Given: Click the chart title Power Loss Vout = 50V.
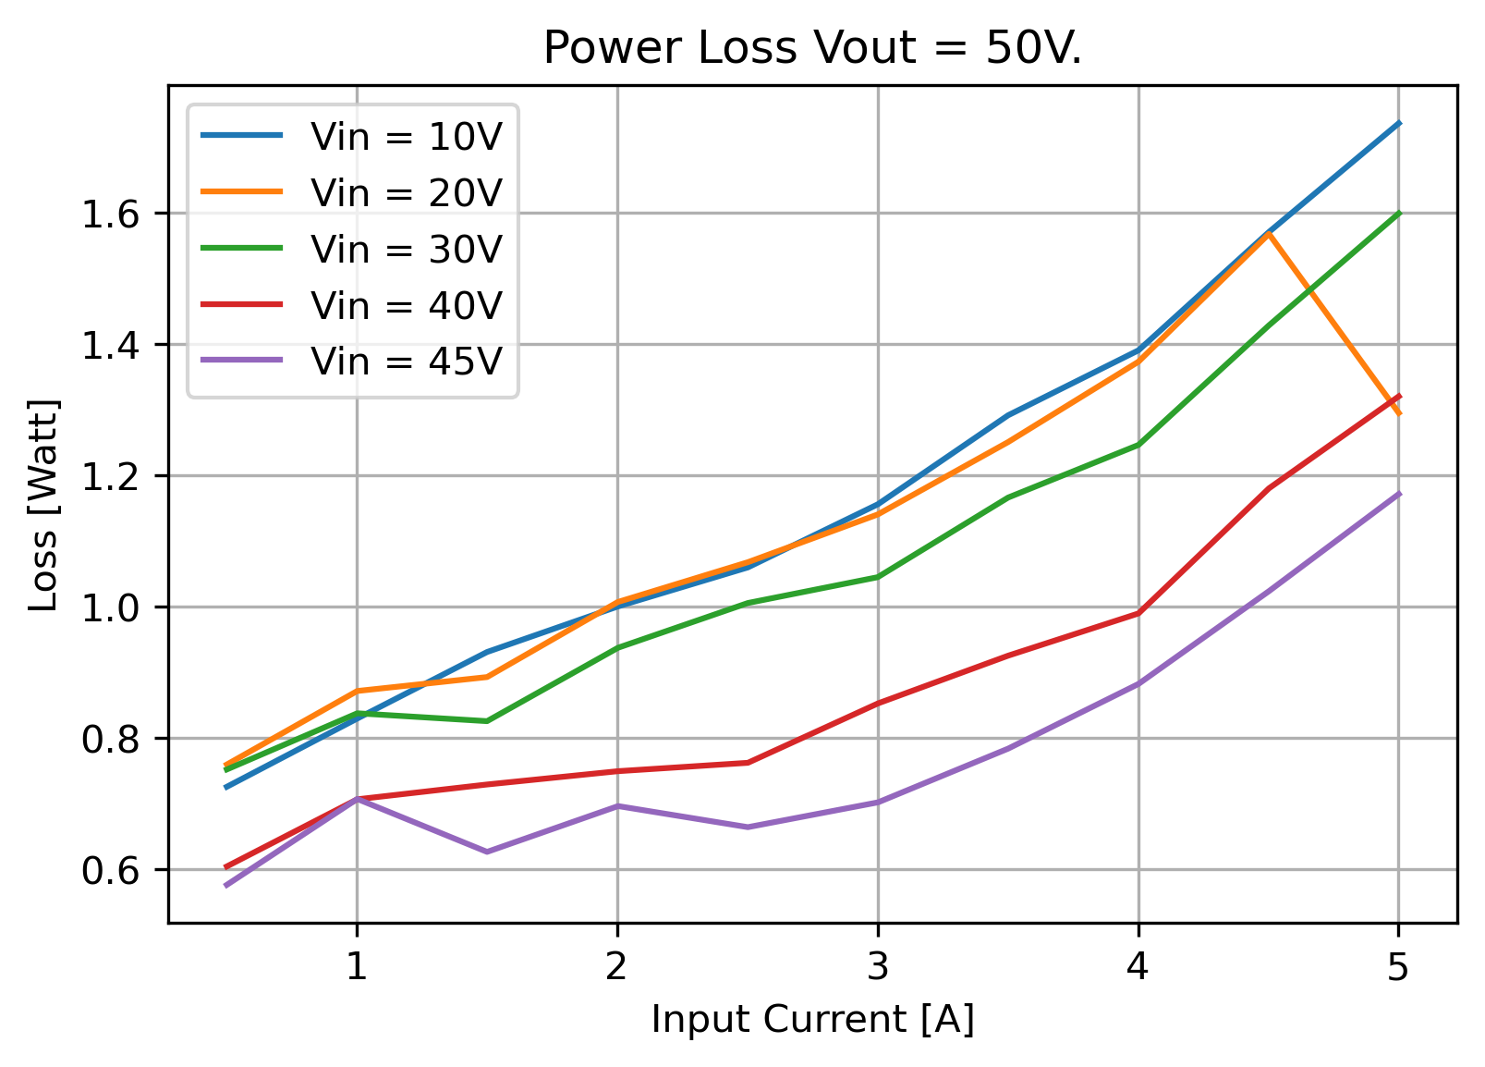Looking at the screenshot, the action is pos(812,48).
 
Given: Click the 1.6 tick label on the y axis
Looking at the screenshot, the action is pos(111,215).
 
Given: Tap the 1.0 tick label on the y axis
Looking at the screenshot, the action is pos(111,608).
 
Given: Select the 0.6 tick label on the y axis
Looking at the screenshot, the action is pos(111,871).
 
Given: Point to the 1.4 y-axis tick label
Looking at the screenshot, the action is pos(111,346).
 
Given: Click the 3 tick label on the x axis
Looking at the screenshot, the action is pos(878,966).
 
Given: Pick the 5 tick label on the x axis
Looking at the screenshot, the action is pos(1398,966).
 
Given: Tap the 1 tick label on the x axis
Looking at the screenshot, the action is pos(358,966).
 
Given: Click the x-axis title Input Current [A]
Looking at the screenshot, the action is pos(813,1019).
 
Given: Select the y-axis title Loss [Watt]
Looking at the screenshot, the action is pos(43,505).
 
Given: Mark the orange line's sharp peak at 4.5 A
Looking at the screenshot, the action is pos(1268,233).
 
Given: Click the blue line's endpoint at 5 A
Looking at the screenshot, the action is pos(1399,123).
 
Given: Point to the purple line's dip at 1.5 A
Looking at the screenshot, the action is pos(487,852).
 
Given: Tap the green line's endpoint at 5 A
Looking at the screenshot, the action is pos(1399,213).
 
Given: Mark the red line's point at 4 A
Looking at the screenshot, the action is pos(1138,613).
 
